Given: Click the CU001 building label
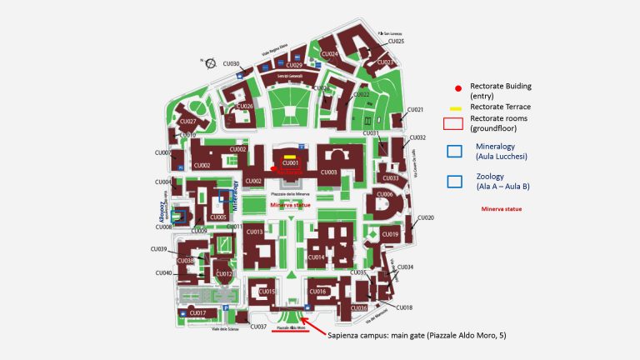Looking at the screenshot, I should [x=289, y=163].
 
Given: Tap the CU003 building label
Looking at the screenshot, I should [x=328, y=172].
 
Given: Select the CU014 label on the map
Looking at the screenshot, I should [x=316, y=257].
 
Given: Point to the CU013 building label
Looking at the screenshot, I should [x=254, y=232].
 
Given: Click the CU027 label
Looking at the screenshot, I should [x=187, y=122].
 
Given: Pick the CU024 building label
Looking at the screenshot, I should [x=330, y=54].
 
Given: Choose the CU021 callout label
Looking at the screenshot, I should [x=415, y=110].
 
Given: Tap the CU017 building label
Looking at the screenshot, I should [x=197, y=312].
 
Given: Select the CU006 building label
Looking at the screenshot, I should [x=384, y=194].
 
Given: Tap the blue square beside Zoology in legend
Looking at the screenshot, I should [x=455, y=181].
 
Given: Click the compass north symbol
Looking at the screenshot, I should [x=211, y=62].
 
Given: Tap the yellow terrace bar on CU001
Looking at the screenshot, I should [x=289, y=157].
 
